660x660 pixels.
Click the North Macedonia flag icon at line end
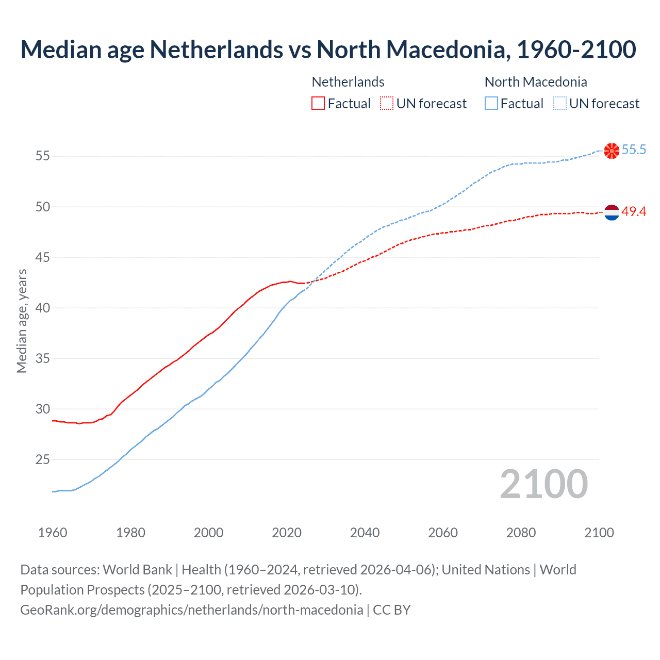click(x=612, y=151)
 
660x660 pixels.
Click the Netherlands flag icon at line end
click(x=612, y=212)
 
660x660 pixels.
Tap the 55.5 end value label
click(x=634, y=150)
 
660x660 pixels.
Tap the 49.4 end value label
click(x=634, y=212)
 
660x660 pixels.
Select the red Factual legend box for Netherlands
click(x=318, y=104)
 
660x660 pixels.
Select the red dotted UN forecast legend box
click(x=387, y=104)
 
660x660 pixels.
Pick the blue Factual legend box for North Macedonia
click(x=491, y=104)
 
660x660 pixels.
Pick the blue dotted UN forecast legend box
click(x=560, y=104)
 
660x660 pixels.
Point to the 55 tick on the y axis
click(x=43, y=156)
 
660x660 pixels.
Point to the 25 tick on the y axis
click(x=43, y=459)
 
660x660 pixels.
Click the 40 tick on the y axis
click(x=43, y=308)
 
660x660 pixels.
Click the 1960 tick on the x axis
click(x=53, y=533)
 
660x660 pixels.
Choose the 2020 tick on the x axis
click(x=287, y=533)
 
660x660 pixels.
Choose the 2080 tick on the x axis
click(x=521, y=533)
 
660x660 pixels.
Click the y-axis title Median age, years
click(x=22, y=321)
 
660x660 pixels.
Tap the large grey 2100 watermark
click(x=543, y=484)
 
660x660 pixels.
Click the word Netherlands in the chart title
click(x=216, y=49)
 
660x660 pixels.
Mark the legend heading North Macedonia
click(x=536, y=82)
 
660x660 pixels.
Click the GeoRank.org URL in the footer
click(x=191, y=610)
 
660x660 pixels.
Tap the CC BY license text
click(x=392, y=610)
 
